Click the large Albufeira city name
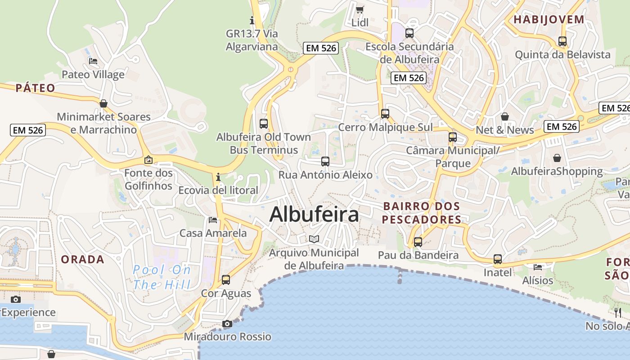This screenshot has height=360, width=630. pyautogui.click(x=314, y=214)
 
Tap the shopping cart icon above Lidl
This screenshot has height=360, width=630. pyautogui.click(x=360, y=9)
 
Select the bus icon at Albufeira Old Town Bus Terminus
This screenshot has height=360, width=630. pyautogui.click(x=264, y=123)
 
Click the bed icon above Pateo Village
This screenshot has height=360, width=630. pyautogui.click(x=93, y=61)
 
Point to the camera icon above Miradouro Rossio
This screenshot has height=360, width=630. pyautogui.click(x=227, y=324)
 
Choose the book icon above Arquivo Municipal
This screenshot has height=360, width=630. pyautogui.click(x=314, y=239)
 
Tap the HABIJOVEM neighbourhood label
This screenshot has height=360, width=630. pyautogui.click(x=549, y=19)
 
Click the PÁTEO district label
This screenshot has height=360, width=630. pyautogui.click(x=36, y=88)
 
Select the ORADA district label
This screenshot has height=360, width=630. pyautogui.click(x=82, y=259)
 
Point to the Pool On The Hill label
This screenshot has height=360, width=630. pyautogui.click(x=162, y=277)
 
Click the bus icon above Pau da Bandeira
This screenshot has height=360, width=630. pyautogui.click(x=418, y=242)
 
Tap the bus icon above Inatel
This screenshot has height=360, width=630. pyautogui.click(x=497, y=259)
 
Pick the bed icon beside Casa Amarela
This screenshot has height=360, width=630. pyautogui.click(x=213, y=220)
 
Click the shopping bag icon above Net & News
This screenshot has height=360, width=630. pyautogui.click(x=504, y=117)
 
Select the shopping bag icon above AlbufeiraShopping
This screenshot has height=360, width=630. pyautogui.click(x=557, y=158)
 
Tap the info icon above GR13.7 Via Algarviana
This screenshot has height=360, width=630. pyautogui.click(x=252, y=20)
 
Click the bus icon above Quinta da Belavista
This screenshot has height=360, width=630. pyautogui.click(x=562, y=41)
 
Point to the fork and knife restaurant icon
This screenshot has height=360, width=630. pyautogui.click(x=618, y=312)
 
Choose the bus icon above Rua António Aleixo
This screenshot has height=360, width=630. pyautogui.click(x=325, y=161)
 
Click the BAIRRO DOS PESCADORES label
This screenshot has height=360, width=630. pyautogui.click(x=422, y=213)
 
